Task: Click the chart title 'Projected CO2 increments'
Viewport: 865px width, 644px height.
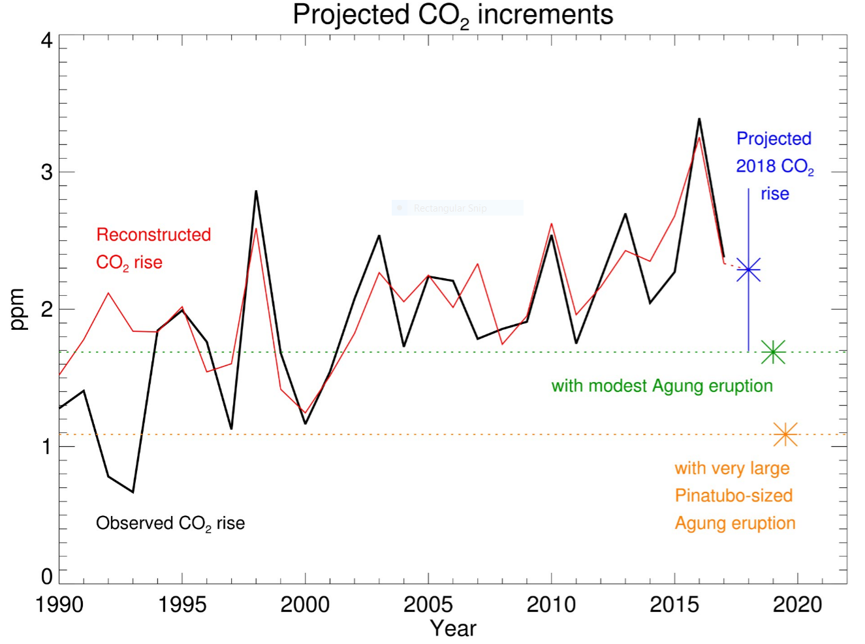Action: pos(452,15)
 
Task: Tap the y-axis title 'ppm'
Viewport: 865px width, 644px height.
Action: pos(18,309)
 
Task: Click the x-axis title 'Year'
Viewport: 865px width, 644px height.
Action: pos(452,628)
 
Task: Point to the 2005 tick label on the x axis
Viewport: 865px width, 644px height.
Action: pos(428,605)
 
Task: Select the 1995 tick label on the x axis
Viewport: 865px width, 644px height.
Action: pos(182,605)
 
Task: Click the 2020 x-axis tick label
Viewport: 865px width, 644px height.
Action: pos(797,605)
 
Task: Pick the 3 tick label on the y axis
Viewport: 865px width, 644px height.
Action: pos(46,172)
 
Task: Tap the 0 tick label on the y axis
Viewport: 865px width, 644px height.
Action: pos(46,577)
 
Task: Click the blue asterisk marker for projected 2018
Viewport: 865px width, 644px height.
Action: pos(748,269)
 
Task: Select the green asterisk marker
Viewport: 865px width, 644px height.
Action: pos(773,352)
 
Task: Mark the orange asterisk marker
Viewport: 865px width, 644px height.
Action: pos(785,434)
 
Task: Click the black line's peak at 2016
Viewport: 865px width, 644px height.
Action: pos(699,119)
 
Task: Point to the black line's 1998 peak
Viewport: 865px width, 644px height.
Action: pos(256,191)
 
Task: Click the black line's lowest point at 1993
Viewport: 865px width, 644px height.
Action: pos(133,492)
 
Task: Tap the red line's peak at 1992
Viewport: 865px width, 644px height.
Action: pos(108,293)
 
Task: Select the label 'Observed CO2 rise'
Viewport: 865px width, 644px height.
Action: pos(170,523)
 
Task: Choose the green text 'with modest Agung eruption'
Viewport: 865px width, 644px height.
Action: pos(662,386)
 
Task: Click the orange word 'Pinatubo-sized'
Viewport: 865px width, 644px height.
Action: pos(734,496)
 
